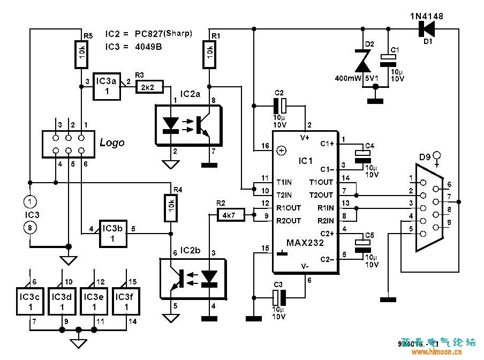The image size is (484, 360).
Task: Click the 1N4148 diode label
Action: click(x=427, y=17)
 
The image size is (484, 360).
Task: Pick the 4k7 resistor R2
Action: click(x=230, y=215)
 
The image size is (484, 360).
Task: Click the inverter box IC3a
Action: click(x=106, y=86)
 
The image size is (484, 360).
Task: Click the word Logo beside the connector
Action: click(x=112, y=142)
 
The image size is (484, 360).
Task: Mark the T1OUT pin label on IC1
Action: click(x=321, y=182)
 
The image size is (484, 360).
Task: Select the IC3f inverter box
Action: click(x=126, y=302)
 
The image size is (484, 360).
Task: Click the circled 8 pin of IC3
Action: click(x=30, y=228)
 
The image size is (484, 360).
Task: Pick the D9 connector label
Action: click(x=425, y=157)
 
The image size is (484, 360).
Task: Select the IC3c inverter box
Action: click(x=30, y=302)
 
